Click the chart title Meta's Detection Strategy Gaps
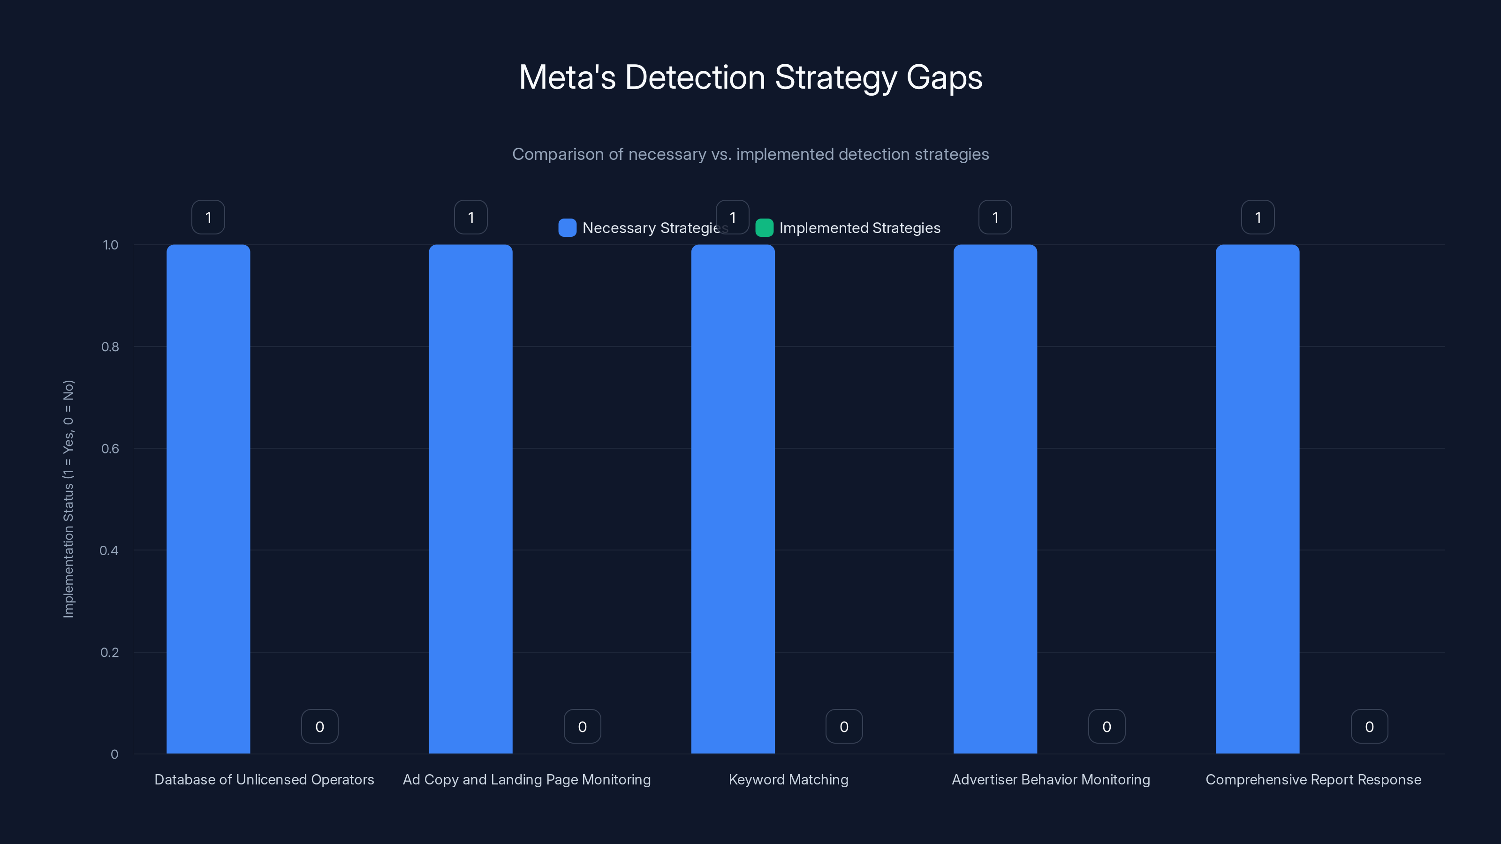[750, 77]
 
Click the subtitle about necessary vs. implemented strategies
[750, 154]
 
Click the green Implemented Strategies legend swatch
[764, 228]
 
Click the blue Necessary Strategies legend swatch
[567, 228]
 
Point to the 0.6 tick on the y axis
[110, 449]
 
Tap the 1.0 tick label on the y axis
[110, 245]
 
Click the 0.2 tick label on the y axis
[110, 652]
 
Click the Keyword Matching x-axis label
[788, 779]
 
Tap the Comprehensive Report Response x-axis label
[1313, 779]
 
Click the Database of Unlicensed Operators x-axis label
[264, 779]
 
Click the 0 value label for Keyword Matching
[844, 726]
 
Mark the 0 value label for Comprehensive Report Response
[1369, 726]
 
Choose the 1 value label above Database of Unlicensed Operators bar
[208, 217]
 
